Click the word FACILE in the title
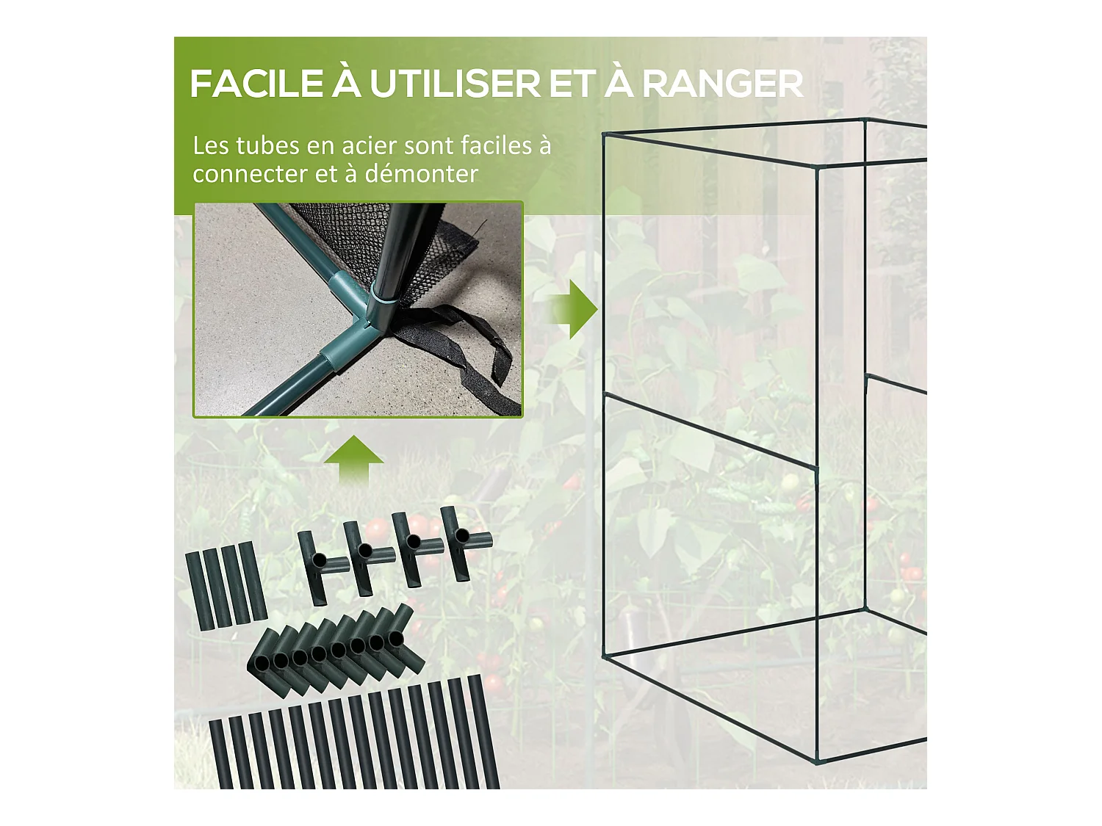[x=256, y=84]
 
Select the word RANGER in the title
[x=723, y=84]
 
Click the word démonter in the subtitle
[x=422, y=174]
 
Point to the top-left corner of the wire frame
[x=604, y=135]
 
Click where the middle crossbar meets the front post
[x=816, y=468]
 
